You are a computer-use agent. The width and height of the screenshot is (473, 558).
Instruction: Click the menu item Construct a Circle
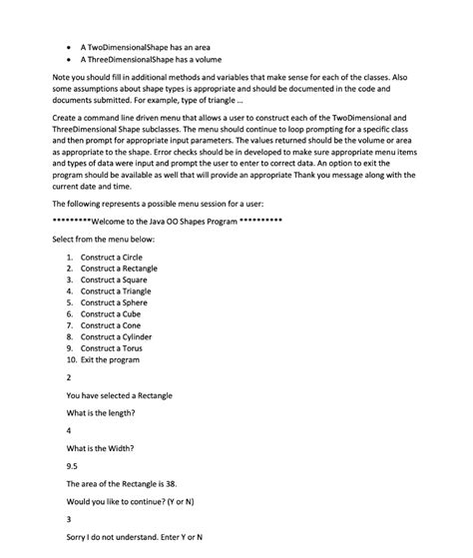tap(112, 258)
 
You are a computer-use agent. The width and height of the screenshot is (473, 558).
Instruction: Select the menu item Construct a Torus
tap(112, 348)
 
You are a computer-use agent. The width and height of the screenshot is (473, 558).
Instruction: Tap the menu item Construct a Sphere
tap(114, 302)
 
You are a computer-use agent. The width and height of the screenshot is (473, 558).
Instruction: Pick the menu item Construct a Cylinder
tap(117, 336)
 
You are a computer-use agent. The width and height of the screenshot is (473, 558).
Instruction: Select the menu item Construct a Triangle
tap(116, 291)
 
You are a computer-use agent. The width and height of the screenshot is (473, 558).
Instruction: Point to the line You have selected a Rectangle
tap(119, 396)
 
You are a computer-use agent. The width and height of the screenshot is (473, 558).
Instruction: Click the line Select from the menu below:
tap(103, 240)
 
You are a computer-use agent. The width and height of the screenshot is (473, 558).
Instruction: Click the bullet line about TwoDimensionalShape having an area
tap(152, 47)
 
